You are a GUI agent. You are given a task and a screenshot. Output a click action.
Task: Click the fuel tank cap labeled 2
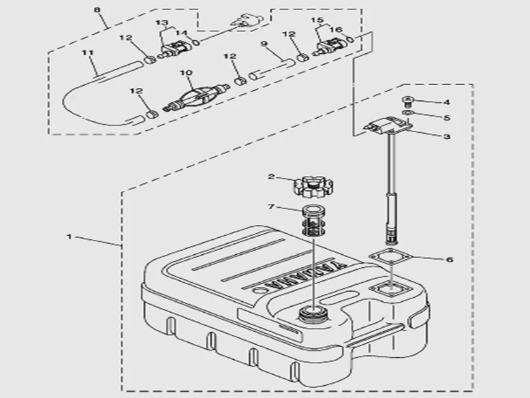tap(313, 187)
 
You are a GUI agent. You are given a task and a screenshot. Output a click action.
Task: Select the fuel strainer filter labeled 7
tap(313, 221)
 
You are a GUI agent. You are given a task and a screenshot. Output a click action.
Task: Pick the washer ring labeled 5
tap(407, 112)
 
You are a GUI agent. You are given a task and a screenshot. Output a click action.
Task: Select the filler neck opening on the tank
tap(313, 313)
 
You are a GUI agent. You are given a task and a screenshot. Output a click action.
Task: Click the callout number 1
tap(69, 236)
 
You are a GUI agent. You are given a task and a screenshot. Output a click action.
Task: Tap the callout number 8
tap(97, 10)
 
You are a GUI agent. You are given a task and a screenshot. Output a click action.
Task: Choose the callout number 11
tap(87, 53)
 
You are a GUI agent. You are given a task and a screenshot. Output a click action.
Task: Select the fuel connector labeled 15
tap(331, 46)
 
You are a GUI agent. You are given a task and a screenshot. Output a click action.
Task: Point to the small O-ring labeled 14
tap(196, 42)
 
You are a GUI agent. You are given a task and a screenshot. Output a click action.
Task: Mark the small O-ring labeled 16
tap(351, 40)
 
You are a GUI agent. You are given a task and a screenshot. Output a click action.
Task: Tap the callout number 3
tap(447, 136)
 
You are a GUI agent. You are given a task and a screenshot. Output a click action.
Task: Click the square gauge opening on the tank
tap(390, 290)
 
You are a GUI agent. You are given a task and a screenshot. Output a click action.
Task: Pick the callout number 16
tap(336, 30)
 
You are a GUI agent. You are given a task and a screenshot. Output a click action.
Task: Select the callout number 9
tap(264, 44)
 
